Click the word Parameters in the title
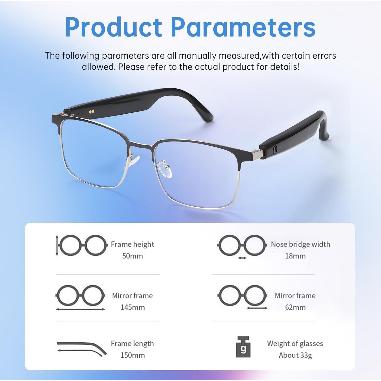[x=243, y=27]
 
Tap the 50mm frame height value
[x=133, y=256]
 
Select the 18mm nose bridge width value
[x=295, y=256]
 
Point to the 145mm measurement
[x=133, y=307]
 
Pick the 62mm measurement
[x=295, y=307]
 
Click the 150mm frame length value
[x=133, y=355]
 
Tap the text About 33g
[x=295, y=355]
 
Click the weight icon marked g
[x=243, y=347]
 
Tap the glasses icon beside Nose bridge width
[x=242, y=245]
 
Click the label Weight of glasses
[x=295, y=343]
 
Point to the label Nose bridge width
[x=300, y=244]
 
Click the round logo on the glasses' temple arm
[x=275, y=150]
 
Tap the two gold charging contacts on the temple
[x=92, y=111]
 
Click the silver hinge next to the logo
[x=257, y=155]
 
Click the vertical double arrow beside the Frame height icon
[x=57, y=245]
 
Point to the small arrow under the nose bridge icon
[x=242, y=258]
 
